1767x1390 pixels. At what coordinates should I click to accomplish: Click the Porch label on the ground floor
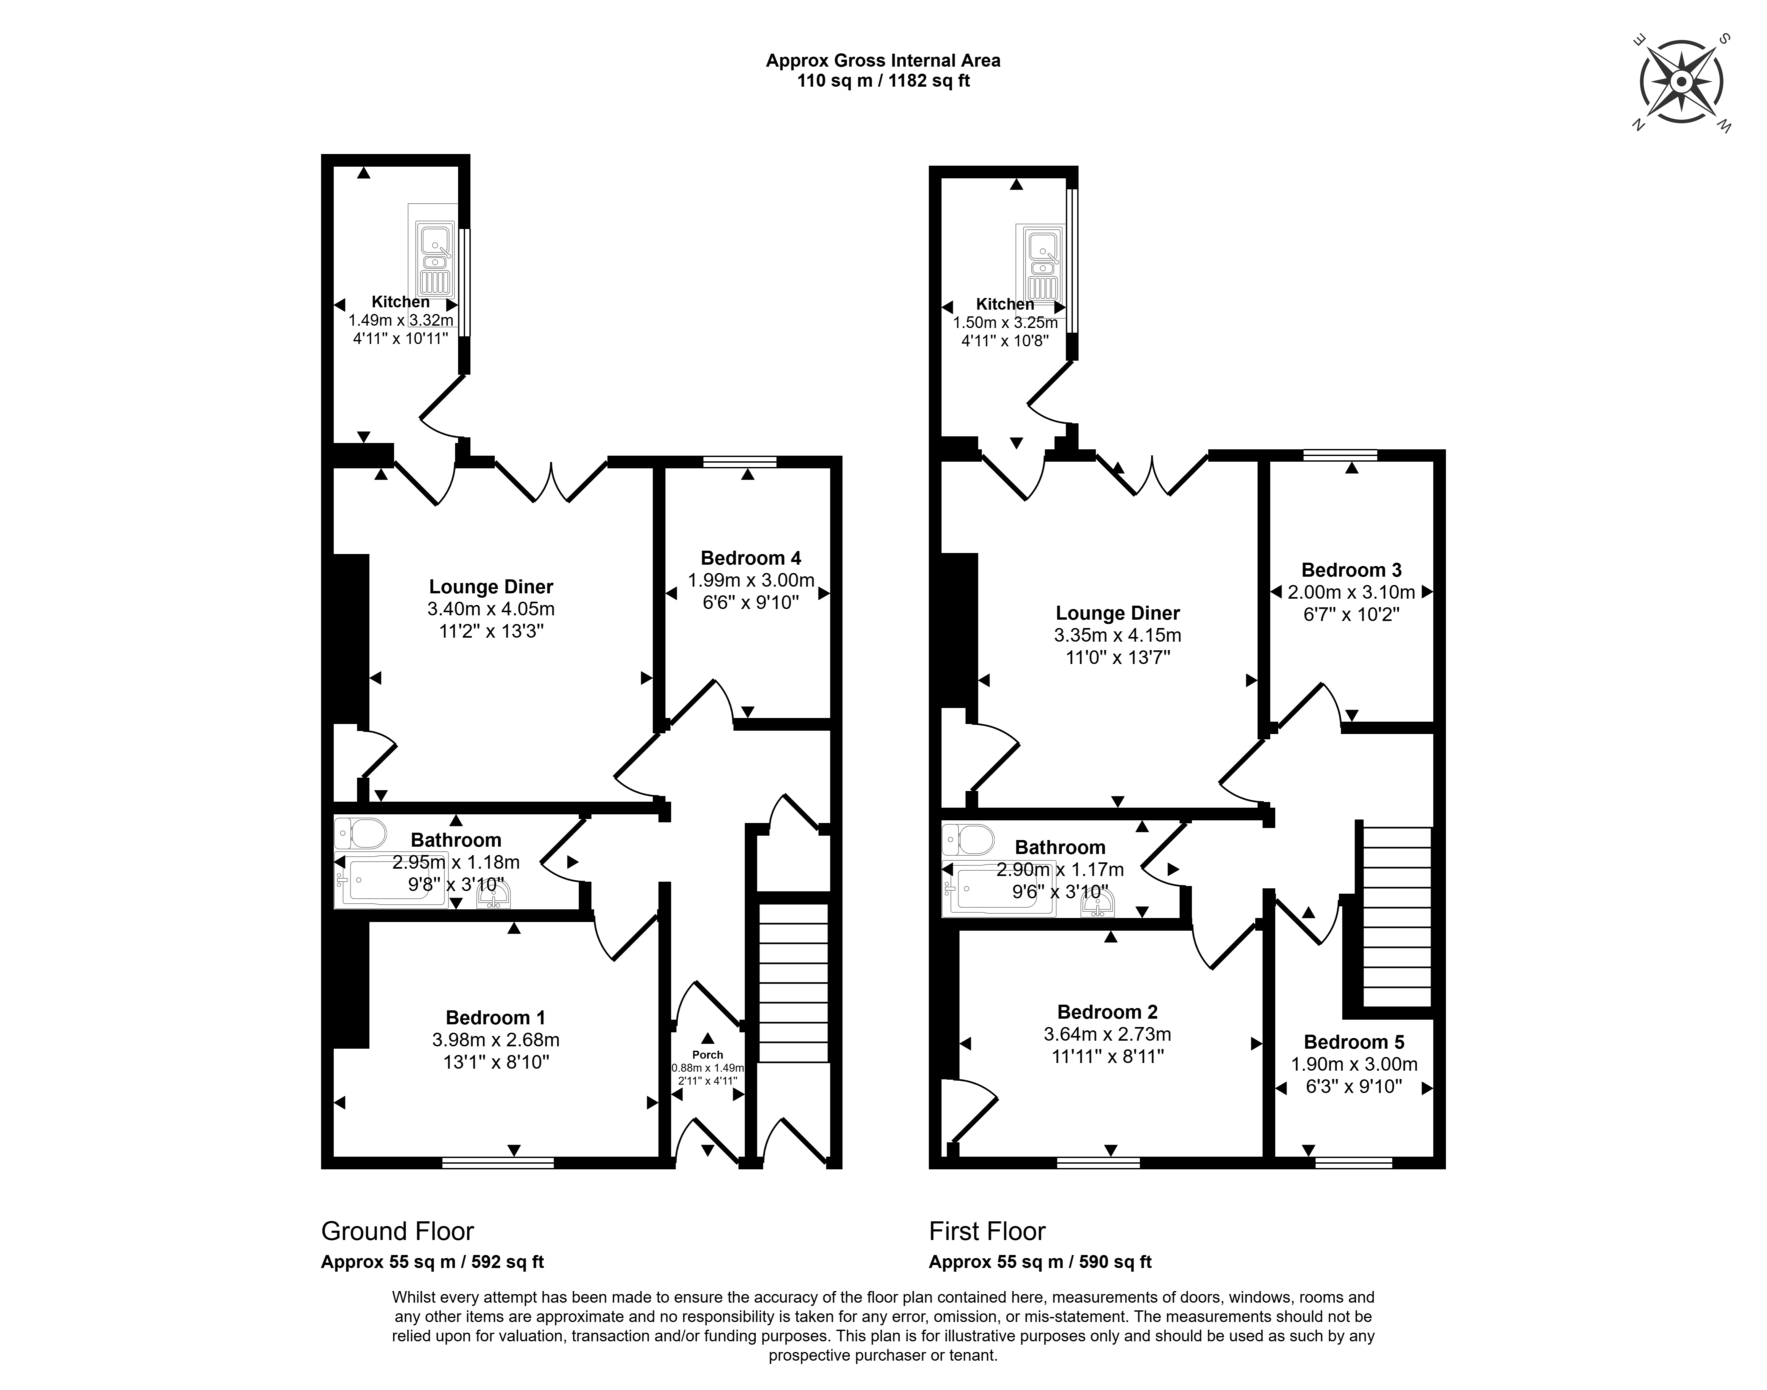[x=707, y=1055]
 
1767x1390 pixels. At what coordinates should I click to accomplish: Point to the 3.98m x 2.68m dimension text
[x=496, y=1040]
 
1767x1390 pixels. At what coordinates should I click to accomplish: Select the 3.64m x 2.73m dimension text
[x=1107, y=1034]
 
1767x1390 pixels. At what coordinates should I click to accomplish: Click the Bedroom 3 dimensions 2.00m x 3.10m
[x=1351, y=592]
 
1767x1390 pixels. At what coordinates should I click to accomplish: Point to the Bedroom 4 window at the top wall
[x=740, y=461]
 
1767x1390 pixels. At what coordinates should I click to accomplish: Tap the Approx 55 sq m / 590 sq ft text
[x=1040, y=1262]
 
